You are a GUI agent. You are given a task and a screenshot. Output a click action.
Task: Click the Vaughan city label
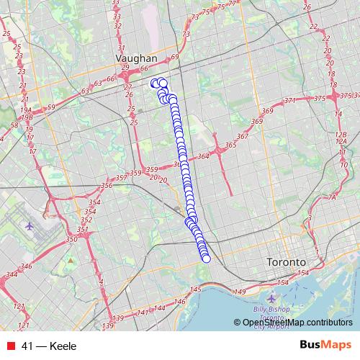(137, 57)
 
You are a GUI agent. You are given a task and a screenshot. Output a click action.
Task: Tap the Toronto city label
(286, 261)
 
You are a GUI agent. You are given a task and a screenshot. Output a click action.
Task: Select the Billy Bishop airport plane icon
(271, 298)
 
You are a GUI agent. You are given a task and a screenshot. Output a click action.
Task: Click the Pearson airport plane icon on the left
(29, 225)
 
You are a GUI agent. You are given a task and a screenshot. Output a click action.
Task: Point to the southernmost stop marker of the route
(206, 258)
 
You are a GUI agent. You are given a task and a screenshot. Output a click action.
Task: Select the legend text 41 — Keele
(49, 346)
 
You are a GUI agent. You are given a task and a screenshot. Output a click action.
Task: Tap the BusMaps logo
(326, 346)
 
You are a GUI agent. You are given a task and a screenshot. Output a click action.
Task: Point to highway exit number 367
(242, 136)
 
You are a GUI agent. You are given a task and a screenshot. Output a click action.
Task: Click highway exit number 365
(230, 145)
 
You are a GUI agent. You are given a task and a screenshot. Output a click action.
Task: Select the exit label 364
(203, 156)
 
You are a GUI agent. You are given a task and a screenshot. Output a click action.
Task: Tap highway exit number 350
(71, 239)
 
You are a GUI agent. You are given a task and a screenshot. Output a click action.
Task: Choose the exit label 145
(194, 289)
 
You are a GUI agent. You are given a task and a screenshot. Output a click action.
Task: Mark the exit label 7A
(332, 197)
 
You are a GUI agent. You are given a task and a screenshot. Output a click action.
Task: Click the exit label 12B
(341, 135)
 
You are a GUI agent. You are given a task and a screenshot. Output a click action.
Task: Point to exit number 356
(107, 186)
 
